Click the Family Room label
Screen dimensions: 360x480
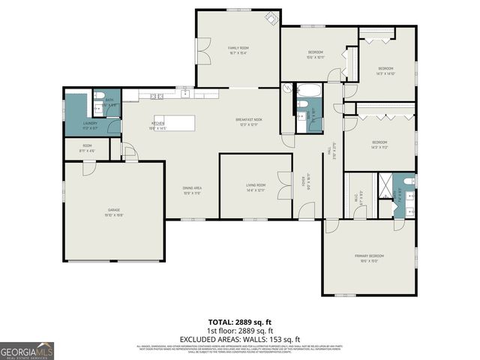tap(238, 49)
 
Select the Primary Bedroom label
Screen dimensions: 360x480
tap(369, 259)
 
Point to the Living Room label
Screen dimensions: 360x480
tap(256, 187)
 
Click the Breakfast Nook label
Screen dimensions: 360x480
tap(247, 122)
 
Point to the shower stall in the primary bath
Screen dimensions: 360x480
tap(385, 182)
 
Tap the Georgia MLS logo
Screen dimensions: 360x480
tap(27, 350)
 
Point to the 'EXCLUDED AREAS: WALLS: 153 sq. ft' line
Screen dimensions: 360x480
tap(239, 339)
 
